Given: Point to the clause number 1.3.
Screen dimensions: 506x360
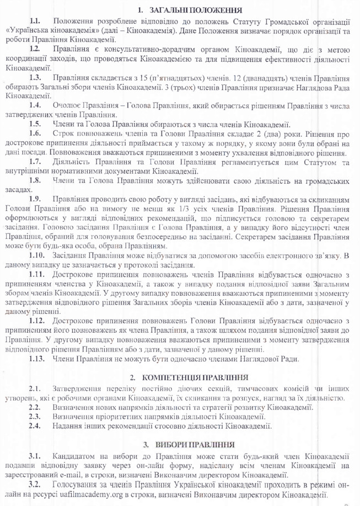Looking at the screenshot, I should (36, 77).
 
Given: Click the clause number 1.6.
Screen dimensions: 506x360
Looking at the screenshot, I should (36, 134).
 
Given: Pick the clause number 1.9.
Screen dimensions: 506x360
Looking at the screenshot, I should (36, 198).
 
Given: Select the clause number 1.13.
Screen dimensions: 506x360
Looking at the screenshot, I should (38, 360).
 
